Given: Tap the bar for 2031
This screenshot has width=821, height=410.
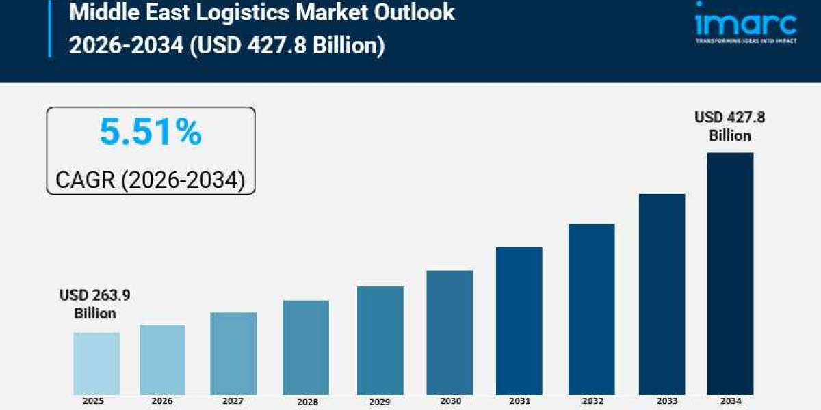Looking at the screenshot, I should [x=519, y=320].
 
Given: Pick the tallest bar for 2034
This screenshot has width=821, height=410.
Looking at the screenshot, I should [x=730, y=273].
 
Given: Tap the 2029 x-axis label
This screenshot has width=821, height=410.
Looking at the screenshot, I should [x=380, y=401].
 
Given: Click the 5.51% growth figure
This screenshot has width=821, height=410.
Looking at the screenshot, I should [x=151, y=132].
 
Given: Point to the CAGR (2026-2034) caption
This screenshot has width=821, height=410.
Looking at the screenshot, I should [x=150, y=180].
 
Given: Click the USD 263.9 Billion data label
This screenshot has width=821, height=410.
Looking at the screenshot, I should [x=95, y=304].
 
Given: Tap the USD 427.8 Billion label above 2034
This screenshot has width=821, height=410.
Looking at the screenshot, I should [x=730, y=126].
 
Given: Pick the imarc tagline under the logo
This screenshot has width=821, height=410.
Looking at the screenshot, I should [x=745, y=41].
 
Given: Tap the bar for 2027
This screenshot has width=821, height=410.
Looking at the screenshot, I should [x=233, y=353].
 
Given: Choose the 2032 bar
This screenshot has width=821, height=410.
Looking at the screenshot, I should [x=591, y=309].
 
